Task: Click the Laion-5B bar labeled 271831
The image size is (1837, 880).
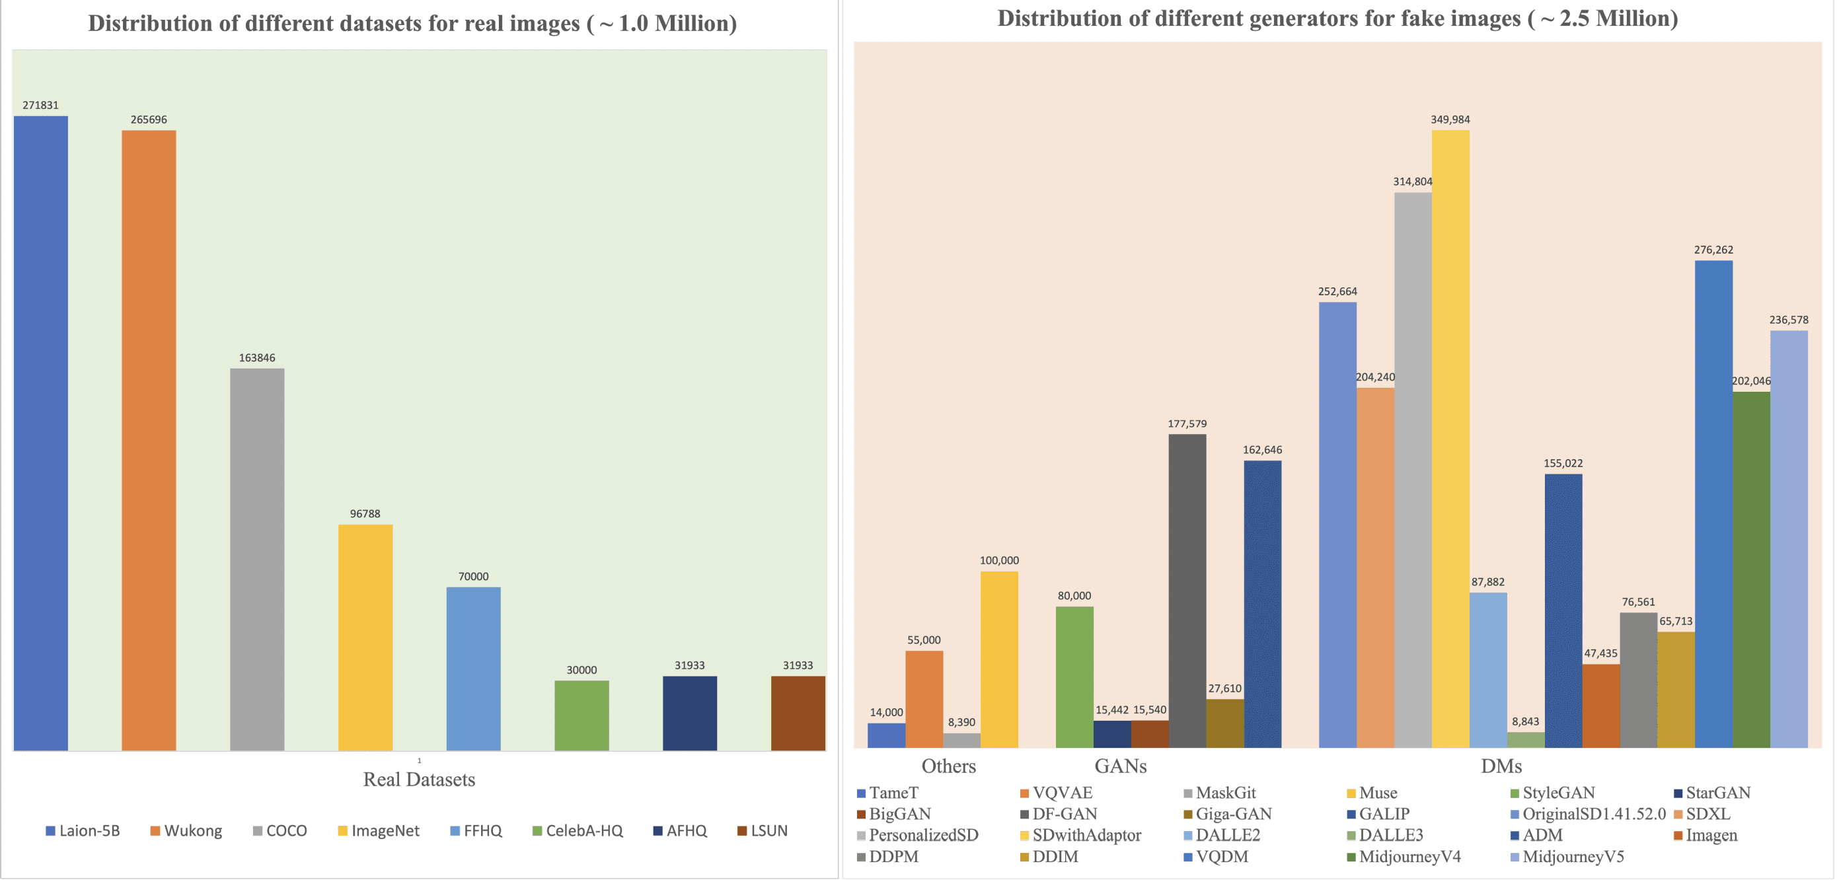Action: [41, 433]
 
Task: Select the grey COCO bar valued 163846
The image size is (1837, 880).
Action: [257, 559]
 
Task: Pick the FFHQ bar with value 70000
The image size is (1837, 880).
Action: [473, 668]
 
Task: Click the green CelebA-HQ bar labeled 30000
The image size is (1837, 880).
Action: [581, 715]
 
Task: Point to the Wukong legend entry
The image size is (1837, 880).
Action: [186, 831]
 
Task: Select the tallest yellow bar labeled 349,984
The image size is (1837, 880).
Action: [1450, 439]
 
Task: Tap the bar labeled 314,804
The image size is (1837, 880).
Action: [1412, 470]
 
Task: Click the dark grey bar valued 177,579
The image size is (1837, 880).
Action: [1187, 591]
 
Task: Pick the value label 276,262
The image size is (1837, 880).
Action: [1713, 250]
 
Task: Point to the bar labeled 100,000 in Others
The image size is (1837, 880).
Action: [998, 659]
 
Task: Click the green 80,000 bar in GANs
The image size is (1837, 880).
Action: [1074, 677]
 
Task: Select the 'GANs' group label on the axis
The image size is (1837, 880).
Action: [1120, 766]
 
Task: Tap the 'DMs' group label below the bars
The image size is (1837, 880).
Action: [1501, 766]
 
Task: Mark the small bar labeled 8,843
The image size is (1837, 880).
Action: [1525, 739]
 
